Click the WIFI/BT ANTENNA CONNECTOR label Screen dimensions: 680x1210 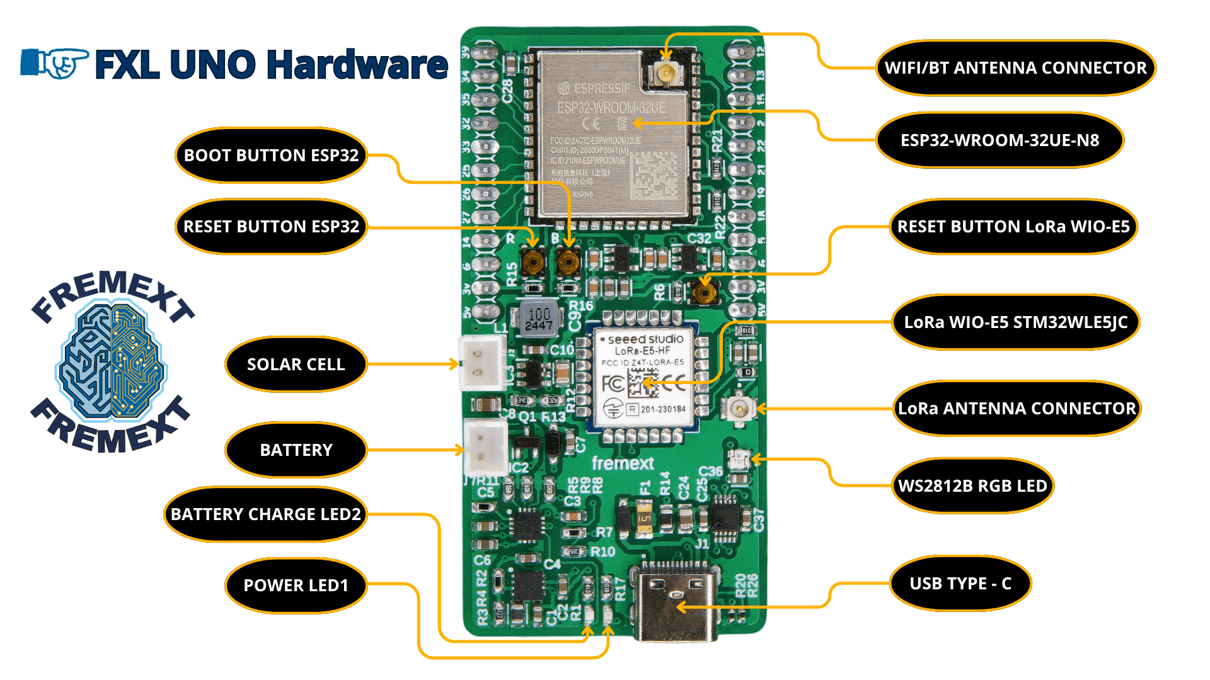[x=1015, y=68]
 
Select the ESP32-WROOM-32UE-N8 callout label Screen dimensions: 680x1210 [x=1000, y=140]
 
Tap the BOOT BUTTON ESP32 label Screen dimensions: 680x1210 [x=271, y=156]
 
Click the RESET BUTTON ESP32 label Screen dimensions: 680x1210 [x=271, y=227]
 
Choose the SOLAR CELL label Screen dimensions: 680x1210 [x=296, y=365]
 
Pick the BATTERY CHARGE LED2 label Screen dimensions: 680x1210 [x=265, y=514]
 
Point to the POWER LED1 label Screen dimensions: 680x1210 [x=296, y=586]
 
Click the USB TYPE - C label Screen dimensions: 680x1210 [x=960, y=584]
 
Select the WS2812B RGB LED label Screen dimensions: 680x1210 [x=972, y=486]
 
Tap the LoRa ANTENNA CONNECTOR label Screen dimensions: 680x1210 [x=1016, y=409]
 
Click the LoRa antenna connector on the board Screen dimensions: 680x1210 [x=738, y=409]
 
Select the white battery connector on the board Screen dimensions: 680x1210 [x=485, y=448]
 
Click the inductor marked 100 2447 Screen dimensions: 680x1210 [x=539, y=319]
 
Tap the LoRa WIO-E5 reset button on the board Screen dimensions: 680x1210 [x=705, y=292]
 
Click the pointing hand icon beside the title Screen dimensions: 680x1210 [x=55, y=63]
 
